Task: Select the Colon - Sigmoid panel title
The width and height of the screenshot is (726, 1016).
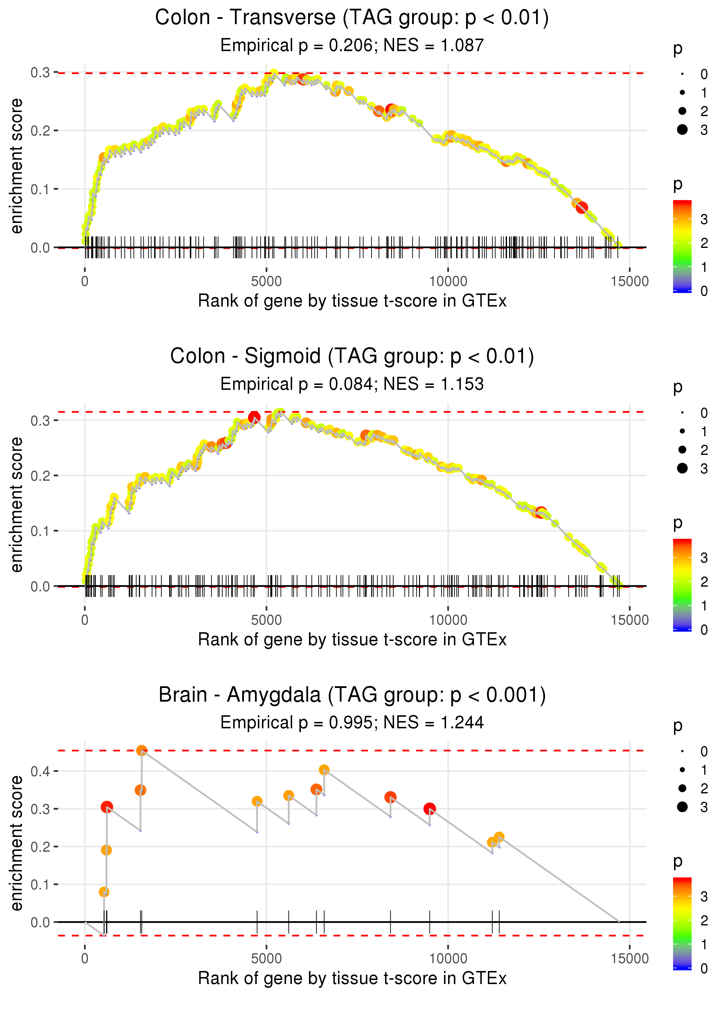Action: (x=352, y=356)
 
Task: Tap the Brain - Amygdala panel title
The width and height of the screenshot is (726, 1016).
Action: (x=352, y=695)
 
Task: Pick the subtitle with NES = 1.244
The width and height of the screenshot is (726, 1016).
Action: (x=352, y=723)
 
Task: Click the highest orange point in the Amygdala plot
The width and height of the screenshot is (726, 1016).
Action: (x=142, y=751)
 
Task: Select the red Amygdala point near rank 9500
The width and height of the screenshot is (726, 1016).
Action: (x=430, y=809)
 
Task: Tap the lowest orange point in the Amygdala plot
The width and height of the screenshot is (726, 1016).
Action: (x=104, y=892)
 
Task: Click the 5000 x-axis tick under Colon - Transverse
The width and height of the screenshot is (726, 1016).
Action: (x=266, y=282)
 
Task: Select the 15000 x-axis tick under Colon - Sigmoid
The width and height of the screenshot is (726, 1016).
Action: (x=629, y=620)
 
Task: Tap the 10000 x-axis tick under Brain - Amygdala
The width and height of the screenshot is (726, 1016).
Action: (x=448, y=959)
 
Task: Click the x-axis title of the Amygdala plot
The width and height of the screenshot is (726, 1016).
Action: (x=352, y=979)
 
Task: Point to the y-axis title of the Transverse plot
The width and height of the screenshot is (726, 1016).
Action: (x=17, y=166)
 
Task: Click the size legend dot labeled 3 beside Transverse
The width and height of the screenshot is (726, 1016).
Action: (x=682, y=129)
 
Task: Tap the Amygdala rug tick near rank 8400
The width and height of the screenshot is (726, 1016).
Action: (x=390, y=921)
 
